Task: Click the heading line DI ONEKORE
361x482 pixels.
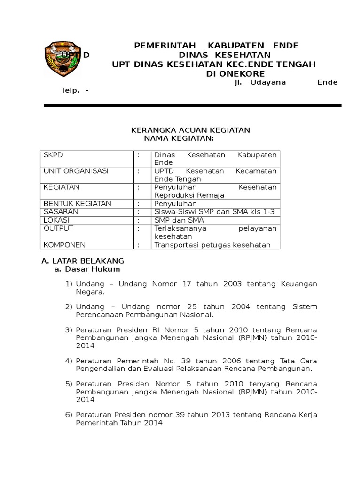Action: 235,74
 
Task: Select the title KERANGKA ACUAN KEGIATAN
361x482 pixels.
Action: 190,130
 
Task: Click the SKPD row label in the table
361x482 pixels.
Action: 53,155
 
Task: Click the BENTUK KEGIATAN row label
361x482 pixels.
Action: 78,203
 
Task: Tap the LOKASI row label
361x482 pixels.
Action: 56,220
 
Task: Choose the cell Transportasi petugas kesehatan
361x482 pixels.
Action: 212,245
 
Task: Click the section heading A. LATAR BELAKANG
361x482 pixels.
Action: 83,261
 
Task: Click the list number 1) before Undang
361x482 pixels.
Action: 69,284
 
